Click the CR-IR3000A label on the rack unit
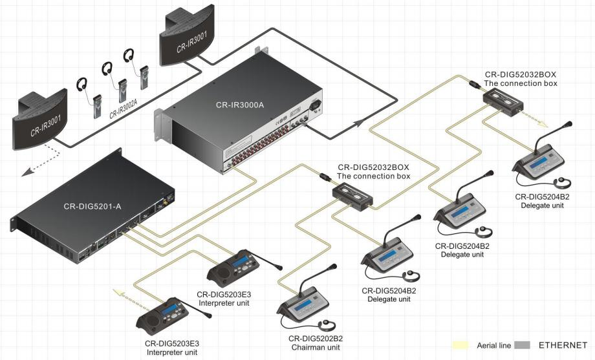coord(240,105)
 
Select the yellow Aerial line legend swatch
coord(460,345)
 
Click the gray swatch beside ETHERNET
coord(522,345)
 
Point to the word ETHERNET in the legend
coord(563,345)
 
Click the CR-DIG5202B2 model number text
coord(316,339)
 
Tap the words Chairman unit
coord(316,348)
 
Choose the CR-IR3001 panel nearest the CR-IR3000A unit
coord(187,39)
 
